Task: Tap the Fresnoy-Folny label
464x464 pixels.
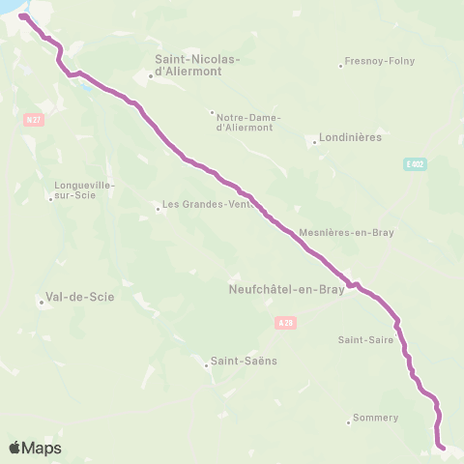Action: pyautogui.click(x=380, y=61)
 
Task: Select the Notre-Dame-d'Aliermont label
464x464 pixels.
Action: pyautogui.click(x=245, y=120)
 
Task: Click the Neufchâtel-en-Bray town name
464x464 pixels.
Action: pyautogui.click(x=287, y=289)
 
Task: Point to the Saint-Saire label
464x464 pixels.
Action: pyautogui.click(x=364, y=339)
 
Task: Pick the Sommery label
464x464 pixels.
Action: pyautogui.click(x=376, y=418)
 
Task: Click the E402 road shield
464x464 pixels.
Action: pyautogui.click(x=415, y=164)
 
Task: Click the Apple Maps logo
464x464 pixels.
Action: pyautogui.click(x=35, y=448)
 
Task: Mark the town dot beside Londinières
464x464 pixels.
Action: pyautogui.click(x=316, y=142)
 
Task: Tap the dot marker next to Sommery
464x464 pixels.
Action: pyautogui.click(x=349, y=421)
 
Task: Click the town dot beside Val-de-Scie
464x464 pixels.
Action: pyautogui.click(x=42, y=303)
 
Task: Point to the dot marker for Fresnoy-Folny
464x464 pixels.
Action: pyautogui.click(x=341, y=66)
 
